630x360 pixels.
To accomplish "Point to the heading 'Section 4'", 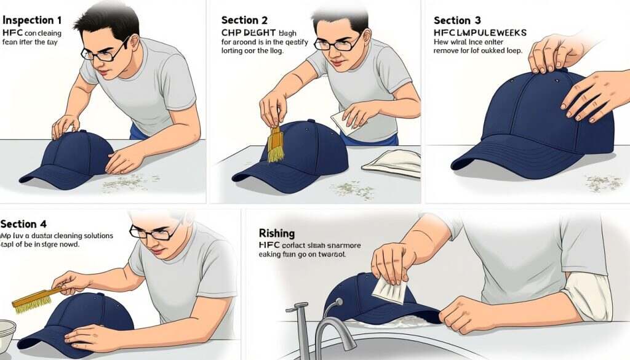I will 23,224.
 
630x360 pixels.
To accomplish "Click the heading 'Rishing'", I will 276,233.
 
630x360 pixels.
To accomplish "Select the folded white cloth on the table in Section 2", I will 391,162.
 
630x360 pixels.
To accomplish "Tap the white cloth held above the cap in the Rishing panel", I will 388,288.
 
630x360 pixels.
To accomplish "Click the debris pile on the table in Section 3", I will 603,182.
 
